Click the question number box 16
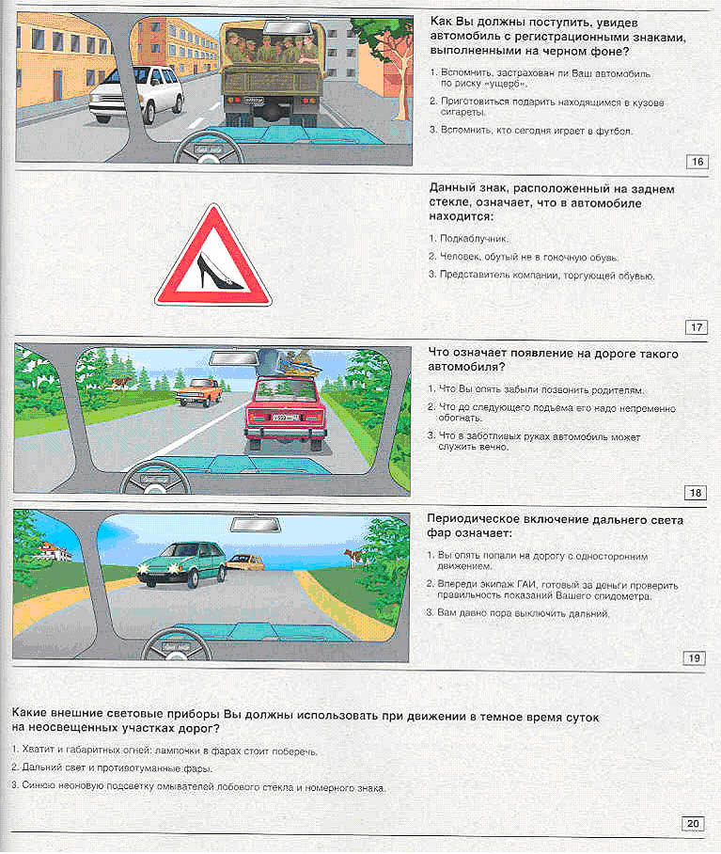697,162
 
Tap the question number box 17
697,327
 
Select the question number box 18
697,493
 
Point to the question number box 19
695,657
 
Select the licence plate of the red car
286,417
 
